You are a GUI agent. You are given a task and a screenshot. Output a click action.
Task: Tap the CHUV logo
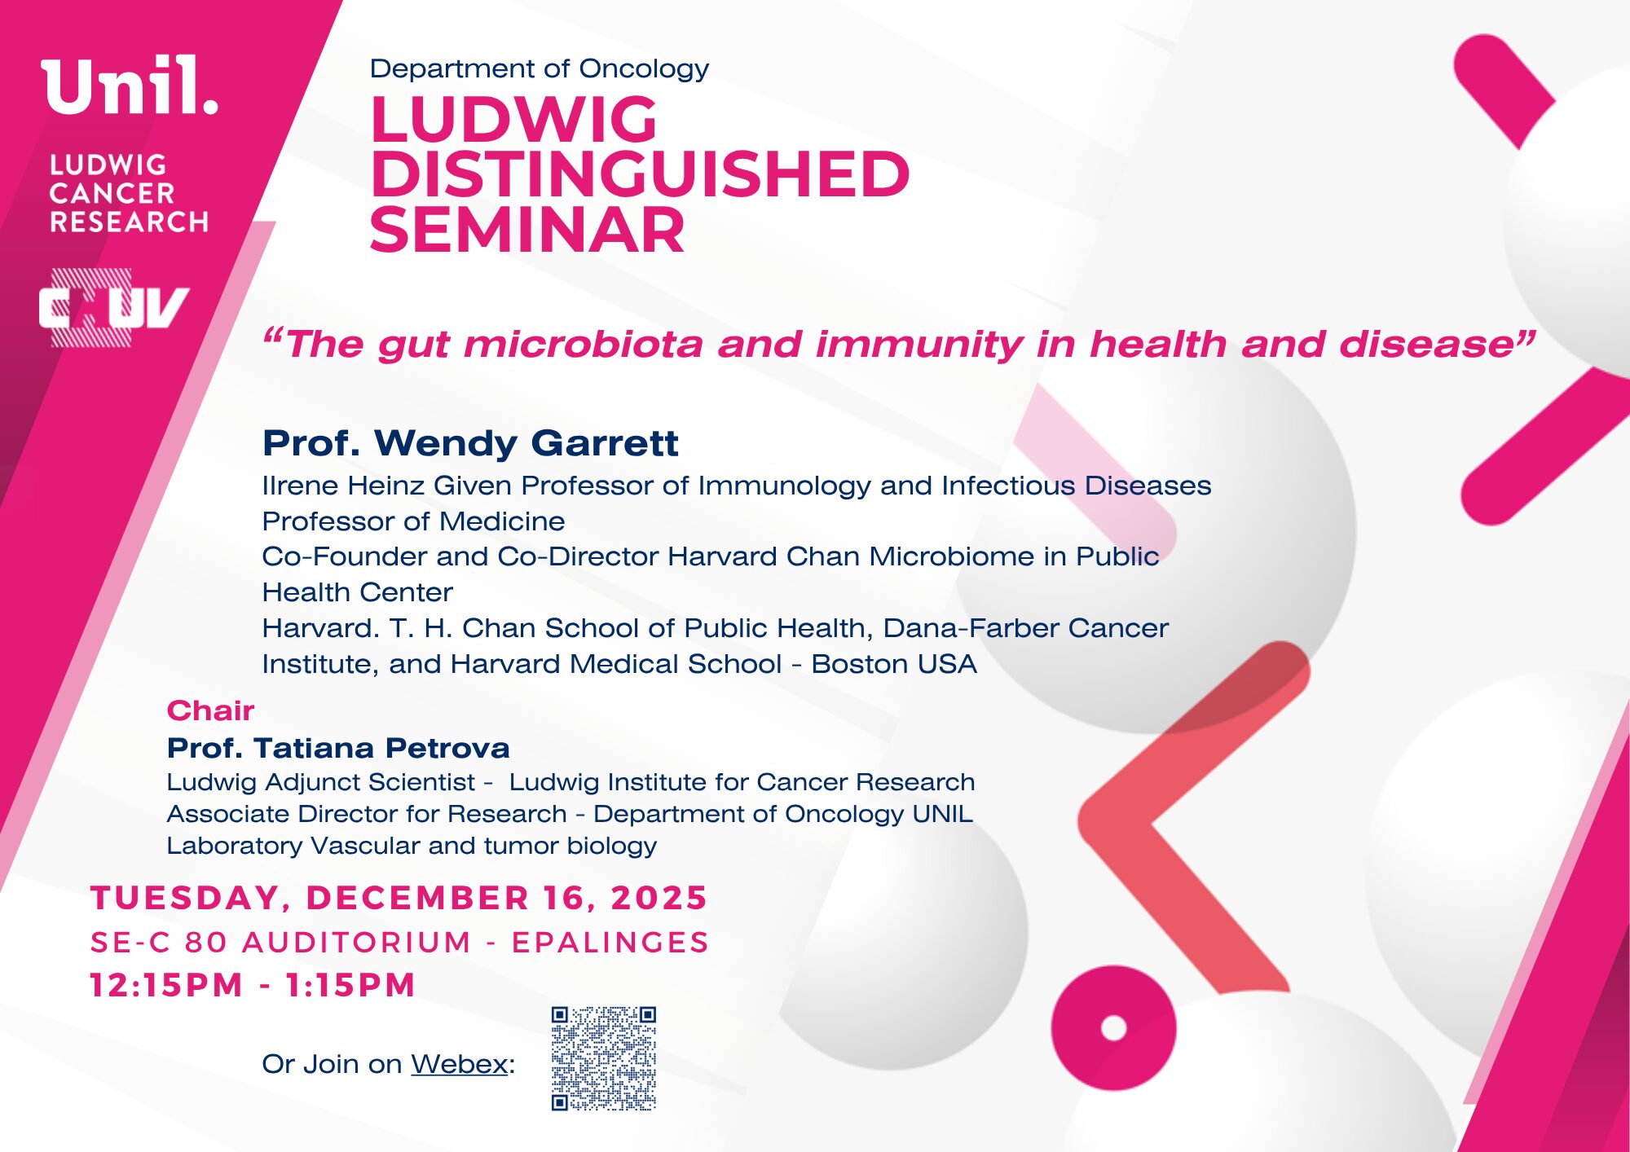pyautogui.click(x=114, y=308)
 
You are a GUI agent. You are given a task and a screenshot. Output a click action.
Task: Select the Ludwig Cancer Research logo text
pyautogui.click(x=129, y=193)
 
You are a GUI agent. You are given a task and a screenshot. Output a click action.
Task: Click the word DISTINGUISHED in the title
pyautogui.click(x=640, y=174)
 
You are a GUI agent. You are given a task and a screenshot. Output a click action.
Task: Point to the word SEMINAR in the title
pyautogui.click(x=527, y=230)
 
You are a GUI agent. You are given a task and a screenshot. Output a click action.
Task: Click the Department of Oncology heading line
pyautogui.click(x=539, y=69)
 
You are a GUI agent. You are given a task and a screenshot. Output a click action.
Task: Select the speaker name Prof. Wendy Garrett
pyautogui.click(x=470, y=443)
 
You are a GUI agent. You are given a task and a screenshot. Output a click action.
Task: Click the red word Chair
pyautogui.click(x=210, y=710)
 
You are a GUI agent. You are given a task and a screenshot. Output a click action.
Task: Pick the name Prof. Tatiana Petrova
pyautogui.click(x=338, y=748)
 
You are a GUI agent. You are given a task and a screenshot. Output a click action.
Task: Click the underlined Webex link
pyautogui.click(x=460, y=1064)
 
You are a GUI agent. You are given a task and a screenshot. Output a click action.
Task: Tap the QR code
pyautogui.click(x=604, y=1058)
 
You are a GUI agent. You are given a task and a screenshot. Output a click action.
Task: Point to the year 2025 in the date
pyautogui.click(x=659, y=898)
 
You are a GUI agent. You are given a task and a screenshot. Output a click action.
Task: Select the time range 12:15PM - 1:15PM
pyautogui.click(x=253, y=985)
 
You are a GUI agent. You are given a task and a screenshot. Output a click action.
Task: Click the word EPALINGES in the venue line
pyautogui.click(x=610, y=942)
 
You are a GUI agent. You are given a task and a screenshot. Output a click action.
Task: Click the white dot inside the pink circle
pyautogui.click(x=1113, y=1028)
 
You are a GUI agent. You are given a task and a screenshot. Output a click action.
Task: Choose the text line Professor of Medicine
pyautogui.click(x=413, y=521)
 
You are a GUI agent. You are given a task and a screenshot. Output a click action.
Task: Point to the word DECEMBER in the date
pyautogui.click(x=418, y=898)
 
